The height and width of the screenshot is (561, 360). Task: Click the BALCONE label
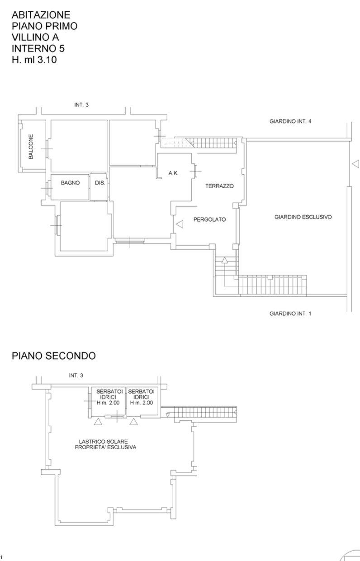[31, 147]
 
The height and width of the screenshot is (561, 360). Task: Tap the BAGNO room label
[71, 183]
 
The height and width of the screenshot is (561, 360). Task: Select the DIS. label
[100, 183]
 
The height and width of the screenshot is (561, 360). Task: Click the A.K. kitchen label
[173, 173]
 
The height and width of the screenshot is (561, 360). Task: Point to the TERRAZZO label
[219, 186]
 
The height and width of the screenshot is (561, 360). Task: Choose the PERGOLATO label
[209, 219]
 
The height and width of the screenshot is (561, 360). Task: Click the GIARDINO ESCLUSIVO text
[303, 217]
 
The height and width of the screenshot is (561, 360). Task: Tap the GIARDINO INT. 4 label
[290, 121]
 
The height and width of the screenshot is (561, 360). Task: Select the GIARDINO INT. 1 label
[290, 314]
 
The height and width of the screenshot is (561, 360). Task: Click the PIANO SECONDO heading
[53, 356]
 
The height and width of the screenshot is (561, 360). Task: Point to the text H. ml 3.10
[34, 60]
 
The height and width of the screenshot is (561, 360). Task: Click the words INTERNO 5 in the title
[38, 48]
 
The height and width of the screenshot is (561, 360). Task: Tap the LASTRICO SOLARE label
[103, 442]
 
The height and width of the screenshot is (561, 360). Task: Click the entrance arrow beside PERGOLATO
[180, 224]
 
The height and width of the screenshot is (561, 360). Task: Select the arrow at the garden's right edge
[355, 164]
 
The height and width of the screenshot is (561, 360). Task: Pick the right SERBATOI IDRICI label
[141, 395]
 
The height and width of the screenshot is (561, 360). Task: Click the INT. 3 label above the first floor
[81, 105]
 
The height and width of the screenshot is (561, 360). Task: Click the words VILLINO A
[35, 37]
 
